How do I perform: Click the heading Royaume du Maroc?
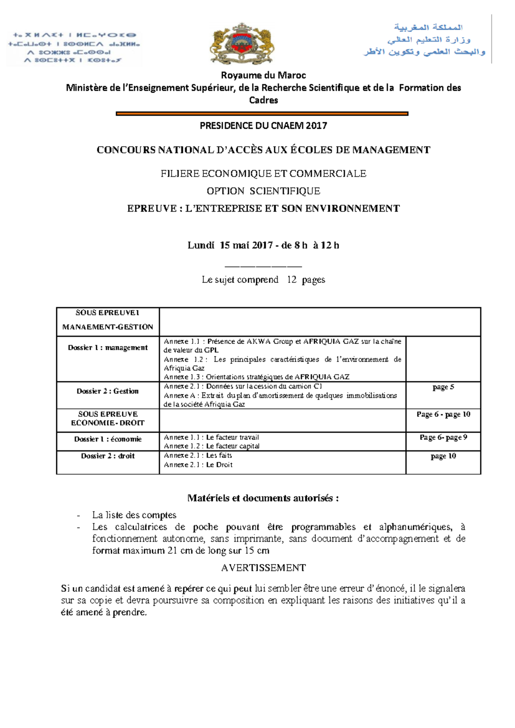(263, 76)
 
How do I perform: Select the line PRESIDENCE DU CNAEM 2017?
(263, 126)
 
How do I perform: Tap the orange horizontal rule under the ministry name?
(262, 114)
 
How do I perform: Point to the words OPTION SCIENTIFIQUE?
(263, 191)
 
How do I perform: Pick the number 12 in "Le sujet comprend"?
(292, 280)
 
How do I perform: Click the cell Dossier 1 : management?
(108, 348)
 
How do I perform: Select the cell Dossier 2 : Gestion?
(108, 391)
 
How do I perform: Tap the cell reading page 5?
(443, 387)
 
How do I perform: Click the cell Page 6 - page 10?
(443, 414)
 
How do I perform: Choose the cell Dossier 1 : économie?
(108, 439)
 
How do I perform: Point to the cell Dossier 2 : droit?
(108, 456)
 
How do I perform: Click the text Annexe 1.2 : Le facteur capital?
(212, 446)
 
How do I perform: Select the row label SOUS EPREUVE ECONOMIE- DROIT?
(108, 419)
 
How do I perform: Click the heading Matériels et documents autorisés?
(263, 498)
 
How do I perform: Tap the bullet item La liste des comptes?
(134, 515)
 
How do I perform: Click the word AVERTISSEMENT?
(263, 568)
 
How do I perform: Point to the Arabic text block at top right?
(425, 40)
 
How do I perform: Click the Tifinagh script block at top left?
(74, 47)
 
